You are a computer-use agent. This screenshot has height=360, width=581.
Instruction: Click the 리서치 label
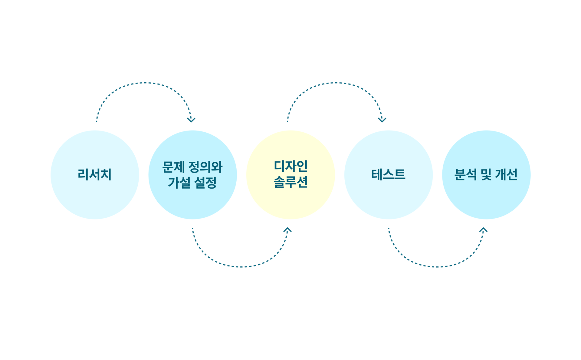click(x=95, y=175)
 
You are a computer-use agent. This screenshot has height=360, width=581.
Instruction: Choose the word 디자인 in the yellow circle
click(x=290, y=166)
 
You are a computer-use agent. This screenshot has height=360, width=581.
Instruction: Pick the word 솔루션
click(x=290, y=182)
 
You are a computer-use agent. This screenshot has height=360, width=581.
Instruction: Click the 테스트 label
click(x=388, y=175)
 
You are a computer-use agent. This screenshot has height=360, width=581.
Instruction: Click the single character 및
click(x=486, y=175)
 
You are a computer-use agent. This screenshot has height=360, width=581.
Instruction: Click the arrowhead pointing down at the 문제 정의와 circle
click(x=191, y=120)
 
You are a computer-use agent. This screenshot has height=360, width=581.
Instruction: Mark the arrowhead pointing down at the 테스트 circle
click(x=382, y=120)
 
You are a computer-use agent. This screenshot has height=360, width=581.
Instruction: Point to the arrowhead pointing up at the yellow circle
click(x=287, y=230)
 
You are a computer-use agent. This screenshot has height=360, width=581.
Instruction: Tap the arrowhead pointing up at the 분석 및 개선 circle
click(x=483, y=230)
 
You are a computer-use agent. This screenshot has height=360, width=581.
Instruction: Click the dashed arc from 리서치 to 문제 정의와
click(x=145, y=83)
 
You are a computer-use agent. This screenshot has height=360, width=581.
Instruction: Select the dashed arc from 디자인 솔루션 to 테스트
click(x=335, y=83)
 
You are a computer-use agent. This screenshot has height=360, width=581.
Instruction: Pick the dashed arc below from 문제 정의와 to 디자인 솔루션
click(x=241, y=267)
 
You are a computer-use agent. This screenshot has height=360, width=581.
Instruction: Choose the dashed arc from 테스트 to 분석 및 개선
click(x=438, y=267)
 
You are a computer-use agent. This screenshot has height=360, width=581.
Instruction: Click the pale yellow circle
click(x=290, y=175)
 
